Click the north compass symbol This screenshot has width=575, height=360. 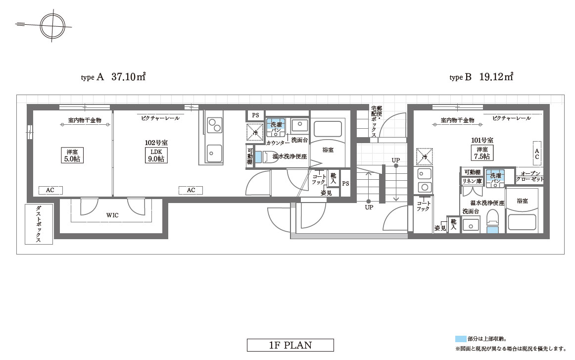point(52,26)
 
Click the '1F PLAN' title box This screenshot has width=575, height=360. point(290,345)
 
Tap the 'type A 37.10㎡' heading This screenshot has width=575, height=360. point(113,77)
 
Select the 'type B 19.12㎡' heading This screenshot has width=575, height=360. point(481,77)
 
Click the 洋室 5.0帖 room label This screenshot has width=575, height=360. point(72,155)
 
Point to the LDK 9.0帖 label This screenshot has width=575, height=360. point(156,155)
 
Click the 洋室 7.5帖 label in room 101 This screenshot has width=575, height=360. point(482,153)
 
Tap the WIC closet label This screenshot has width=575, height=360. point(112,215)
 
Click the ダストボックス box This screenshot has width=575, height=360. point(39,224)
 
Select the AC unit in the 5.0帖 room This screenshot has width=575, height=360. point(50,190)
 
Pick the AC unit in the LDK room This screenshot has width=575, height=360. point(191,190)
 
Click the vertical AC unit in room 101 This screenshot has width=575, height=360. point(537,154)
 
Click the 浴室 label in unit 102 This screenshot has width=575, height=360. point(328,150)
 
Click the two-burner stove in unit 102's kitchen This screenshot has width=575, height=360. point(214,125)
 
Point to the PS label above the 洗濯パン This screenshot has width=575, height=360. point(256,115)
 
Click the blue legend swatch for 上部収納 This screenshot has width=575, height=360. point(461,339)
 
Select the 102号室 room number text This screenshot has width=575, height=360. point(156,143)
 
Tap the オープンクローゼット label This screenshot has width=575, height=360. point(530,176)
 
